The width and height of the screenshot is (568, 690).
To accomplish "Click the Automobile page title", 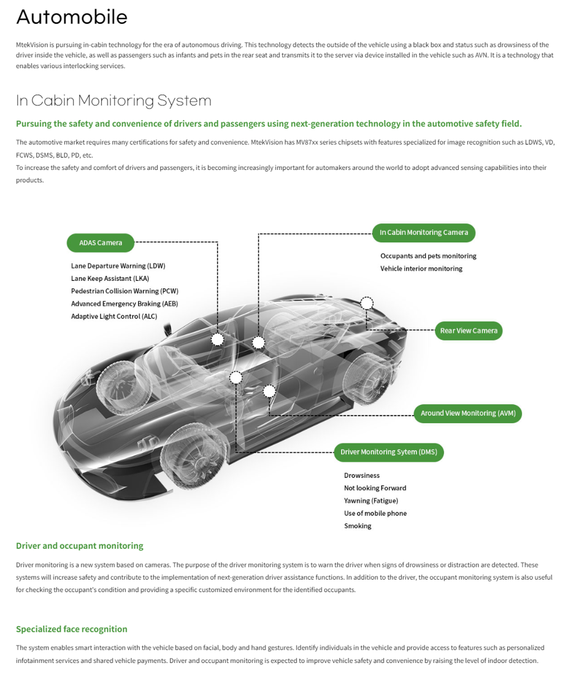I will click(72, 17).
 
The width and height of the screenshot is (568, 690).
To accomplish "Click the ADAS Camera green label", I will click(101, 243).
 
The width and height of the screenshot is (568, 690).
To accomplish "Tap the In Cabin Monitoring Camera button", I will click(423, 232).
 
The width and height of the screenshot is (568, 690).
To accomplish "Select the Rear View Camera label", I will click(469, 331).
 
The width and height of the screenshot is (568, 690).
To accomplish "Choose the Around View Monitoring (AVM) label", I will click(468, 413).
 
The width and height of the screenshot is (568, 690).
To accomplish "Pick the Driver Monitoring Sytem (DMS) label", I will click(388, 452).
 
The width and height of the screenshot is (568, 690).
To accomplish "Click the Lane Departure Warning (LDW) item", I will click(118, 266).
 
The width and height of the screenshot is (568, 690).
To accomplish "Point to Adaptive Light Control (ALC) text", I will click(114, 316).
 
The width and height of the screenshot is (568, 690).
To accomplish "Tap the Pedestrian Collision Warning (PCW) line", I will click(125, 291).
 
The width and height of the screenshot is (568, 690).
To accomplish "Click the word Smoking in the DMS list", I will click(358, 526).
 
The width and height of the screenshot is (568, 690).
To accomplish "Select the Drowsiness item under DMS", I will click(362, 476).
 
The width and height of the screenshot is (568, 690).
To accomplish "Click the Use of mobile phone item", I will click(375, 513).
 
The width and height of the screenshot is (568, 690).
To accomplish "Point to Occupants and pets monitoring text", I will click(428, 256).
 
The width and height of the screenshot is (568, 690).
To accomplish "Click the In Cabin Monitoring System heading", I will click(113, 101).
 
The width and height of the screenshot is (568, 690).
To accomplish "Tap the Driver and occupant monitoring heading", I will click(80, 546).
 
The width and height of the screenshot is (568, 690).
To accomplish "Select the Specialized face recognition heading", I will click(72, 629).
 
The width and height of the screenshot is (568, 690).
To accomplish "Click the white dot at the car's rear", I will click(367, 302).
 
